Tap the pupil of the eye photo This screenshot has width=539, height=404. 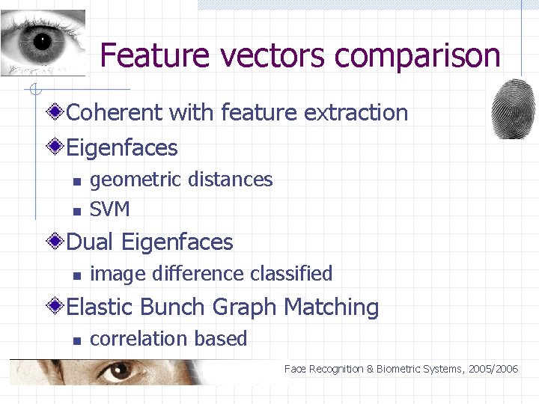(41, 41)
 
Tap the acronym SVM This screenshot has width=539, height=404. (110, 209)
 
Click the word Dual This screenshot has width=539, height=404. (91, 242)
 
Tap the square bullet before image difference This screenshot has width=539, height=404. (76, 275)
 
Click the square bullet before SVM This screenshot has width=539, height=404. (76, 211)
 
